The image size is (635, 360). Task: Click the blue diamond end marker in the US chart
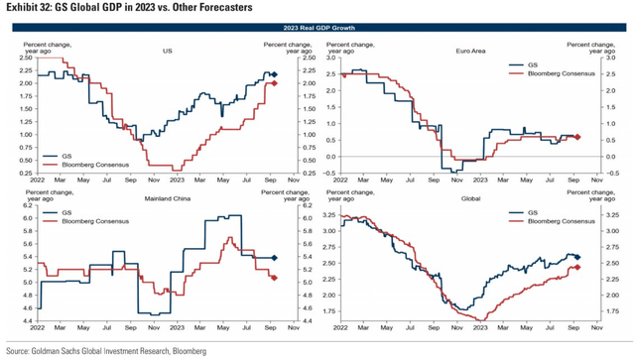[x=276, y=75]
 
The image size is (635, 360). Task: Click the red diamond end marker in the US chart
[x=275, y=83]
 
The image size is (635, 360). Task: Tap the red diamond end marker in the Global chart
[x=577, y=268]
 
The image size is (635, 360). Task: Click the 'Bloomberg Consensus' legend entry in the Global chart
[x=559, y=220]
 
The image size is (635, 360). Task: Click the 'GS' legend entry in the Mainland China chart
[x=68, y=211]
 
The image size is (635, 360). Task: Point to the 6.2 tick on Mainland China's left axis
[x=15, y=206]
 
